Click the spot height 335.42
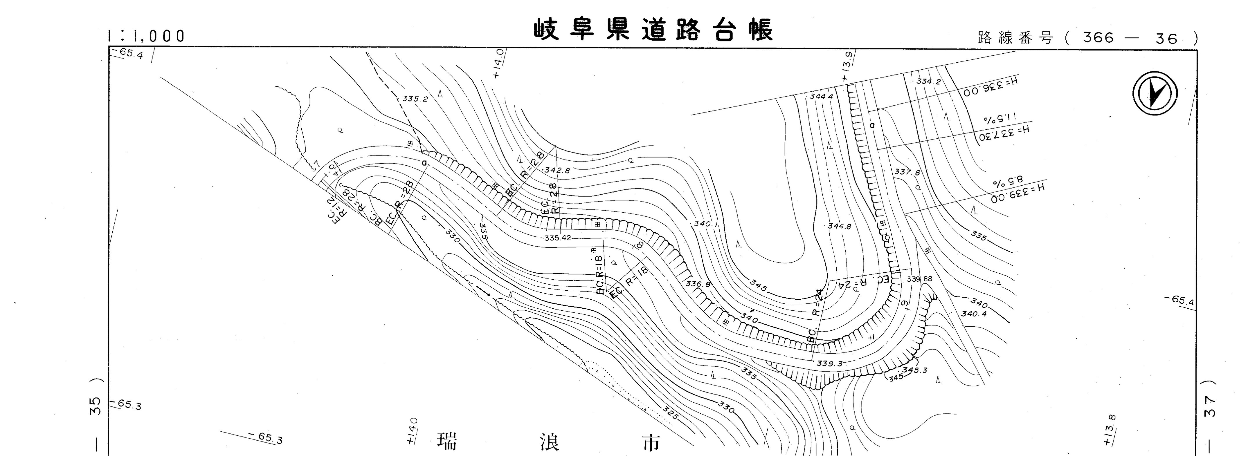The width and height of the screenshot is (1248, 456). point(558,238)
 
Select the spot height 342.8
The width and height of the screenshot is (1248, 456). point(557,170)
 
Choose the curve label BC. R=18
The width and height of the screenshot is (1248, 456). point(600,274)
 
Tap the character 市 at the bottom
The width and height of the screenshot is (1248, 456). point(650,442)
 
